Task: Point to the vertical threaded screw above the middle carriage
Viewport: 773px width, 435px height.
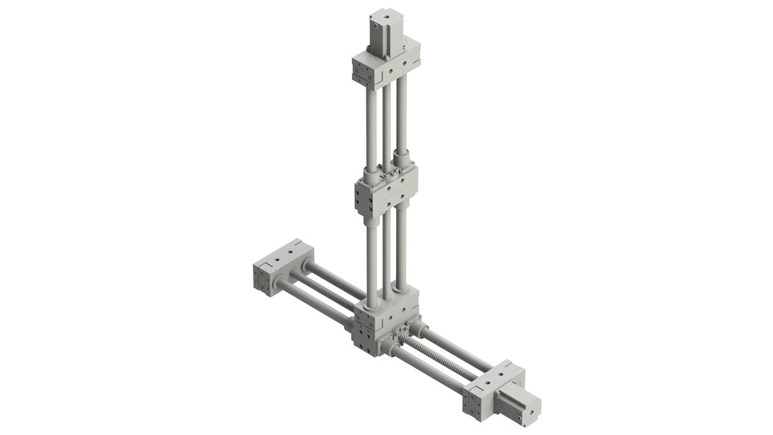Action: click(x=386, y=121)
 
